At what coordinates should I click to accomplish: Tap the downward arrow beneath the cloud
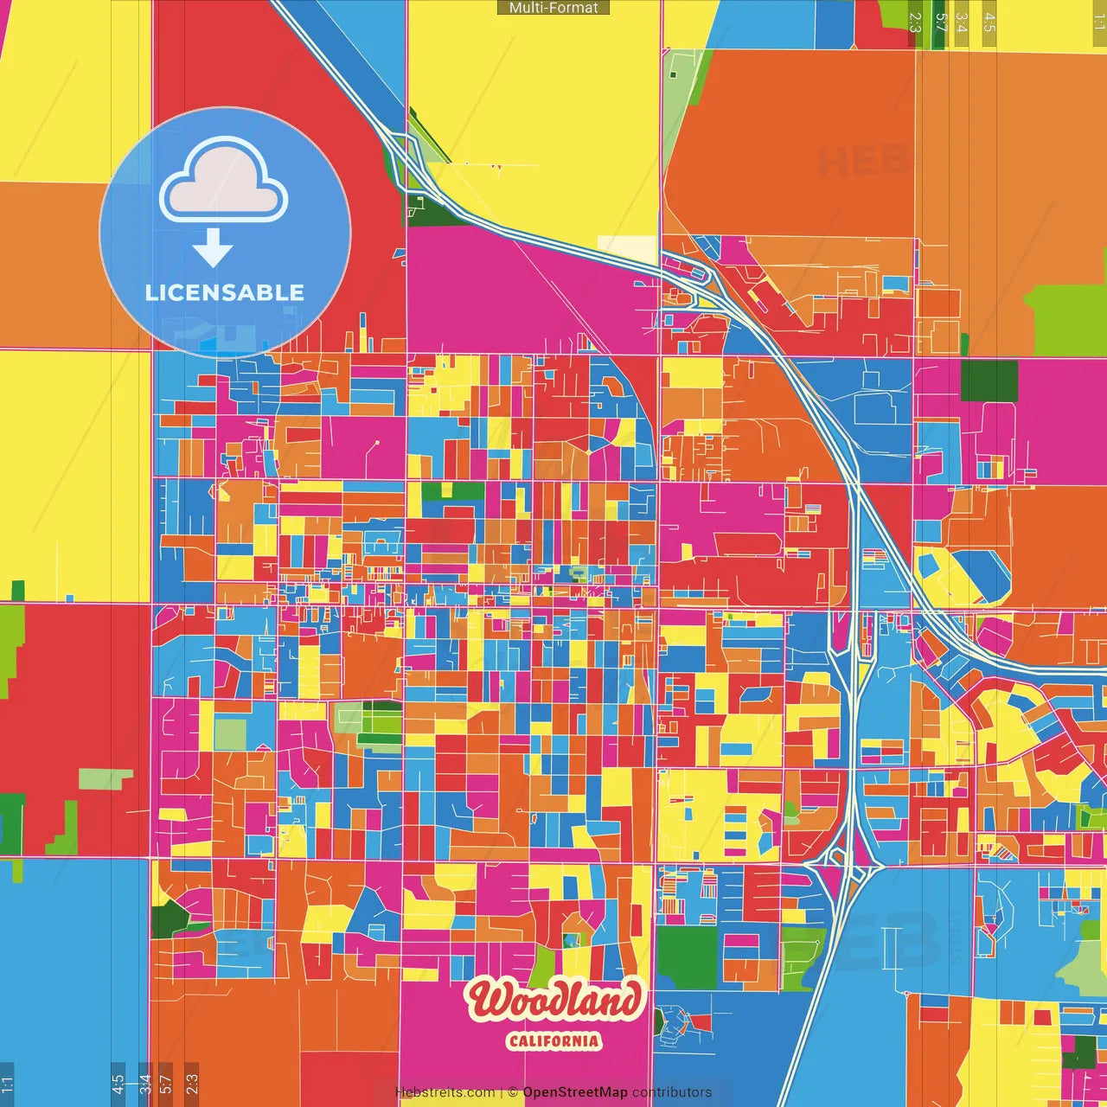(213, 249)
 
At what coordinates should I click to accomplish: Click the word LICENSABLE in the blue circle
(225, 292)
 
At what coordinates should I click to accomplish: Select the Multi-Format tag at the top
(553, 8)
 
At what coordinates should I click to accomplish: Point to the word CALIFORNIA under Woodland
(553, 1040)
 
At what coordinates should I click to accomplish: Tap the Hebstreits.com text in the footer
(445, 1092)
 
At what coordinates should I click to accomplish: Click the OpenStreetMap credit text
(574, 1092)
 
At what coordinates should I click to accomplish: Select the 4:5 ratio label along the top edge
(989, 22)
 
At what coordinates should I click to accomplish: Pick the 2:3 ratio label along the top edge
(915, 22)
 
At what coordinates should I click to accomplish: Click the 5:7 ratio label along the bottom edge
(166, 1083)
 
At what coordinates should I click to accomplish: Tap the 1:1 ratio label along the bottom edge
(7, 1083)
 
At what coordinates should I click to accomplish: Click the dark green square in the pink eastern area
(989, 381)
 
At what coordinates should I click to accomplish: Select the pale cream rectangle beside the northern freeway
(628, 248)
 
